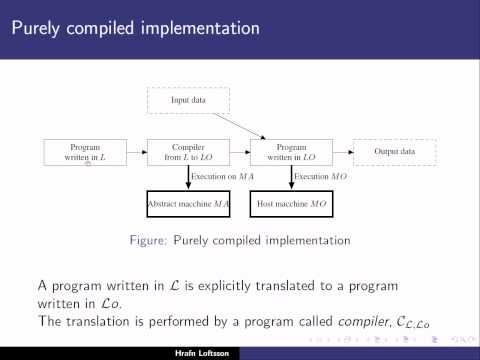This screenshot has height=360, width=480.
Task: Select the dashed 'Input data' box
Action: pos(189,100)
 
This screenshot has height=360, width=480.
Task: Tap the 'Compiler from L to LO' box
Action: pos(189,152)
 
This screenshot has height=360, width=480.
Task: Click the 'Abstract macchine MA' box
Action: pos(189,204)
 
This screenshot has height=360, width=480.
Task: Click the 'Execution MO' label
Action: pos(317,177)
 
